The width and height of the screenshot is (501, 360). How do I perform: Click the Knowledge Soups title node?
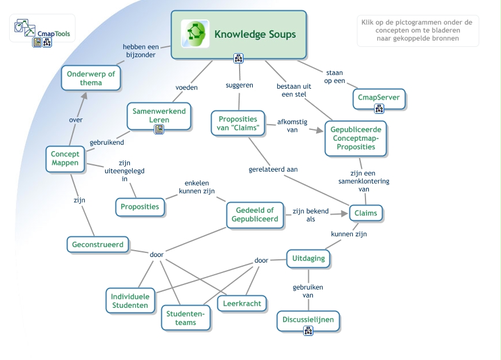click(255, 34)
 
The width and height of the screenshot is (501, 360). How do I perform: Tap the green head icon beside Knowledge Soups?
click(194, 33)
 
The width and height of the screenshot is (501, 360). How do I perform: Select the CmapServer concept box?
click(378, 97)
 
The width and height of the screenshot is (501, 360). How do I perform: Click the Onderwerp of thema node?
click(91, 78)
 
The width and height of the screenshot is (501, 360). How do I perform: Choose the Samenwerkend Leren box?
click(159, 115)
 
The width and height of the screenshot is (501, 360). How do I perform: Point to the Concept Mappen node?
click(65, 159)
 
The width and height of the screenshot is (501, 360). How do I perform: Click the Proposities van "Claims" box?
click(238, 122)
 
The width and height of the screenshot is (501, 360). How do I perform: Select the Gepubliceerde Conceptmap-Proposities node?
click(355, 138)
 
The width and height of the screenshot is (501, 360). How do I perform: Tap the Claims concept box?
click(366, 213)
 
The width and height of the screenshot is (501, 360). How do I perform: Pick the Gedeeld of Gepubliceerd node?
click(255, 215)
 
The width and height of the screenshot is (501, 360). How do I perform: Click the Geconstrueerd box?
click(98, 244)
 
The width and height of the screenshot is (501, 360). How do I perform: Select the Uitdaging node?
click(308, 258)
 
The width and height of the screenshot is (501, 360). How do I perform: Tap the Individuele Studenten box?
click(130, 300)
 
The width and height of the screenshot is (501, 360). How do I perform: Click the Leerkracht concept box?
click(242, 303)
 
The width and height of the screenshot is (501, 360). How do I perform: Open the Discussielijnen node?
click(308, 320)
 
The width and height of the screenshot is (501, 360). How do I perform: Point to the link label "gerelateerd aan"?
click(273, 169)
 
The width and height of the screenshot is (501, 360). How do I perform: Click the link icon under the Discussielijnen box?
click(308, 331)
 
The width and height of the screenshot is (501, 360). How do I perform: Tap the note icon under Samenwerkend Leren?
click(159, 129)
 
